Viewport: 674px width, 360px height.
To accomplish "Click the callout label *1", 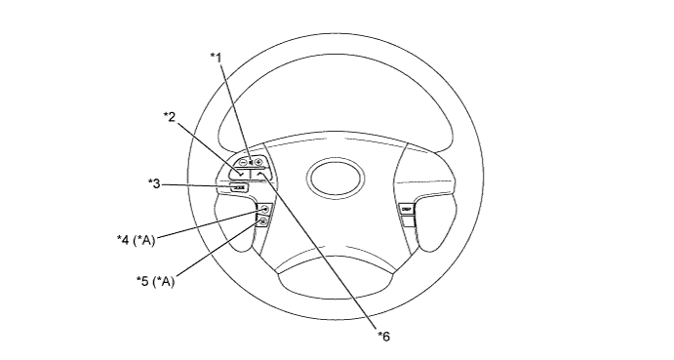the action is [x=216, y=57].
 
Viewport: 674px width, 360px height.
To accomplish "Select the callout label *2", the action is [x=169, y=117].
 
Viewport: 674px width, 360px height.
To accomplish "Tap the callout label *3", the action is [x=153, y=181].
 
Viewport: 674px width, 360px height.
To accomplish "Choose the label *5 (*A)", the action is [x=155, y=281].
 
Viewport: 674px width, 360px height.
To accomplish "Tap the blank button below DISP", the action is [x=407, y=221].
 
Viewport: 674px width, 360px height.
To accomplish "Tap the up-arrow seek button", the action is [x=260, y=175].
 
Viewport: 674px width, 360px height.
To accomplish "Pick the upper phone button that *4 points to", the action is [x=264, y=209].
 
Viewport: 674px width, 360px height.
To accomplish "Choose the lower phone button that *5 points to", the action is [x=262, y=222].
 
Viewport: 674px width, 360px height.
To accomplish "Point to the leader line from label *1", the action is [x=234, y=106].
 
